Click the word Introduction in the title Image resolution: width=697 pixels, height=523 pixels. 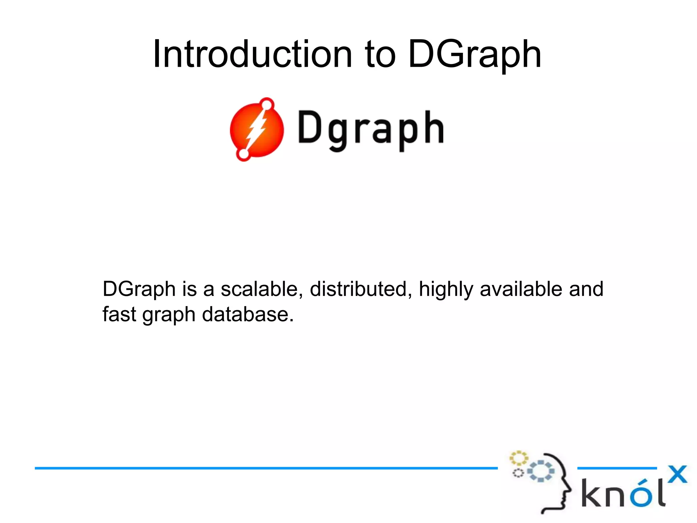click(252, 54)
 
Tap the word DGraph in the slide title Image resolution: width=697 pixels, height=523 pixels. click(474, 54)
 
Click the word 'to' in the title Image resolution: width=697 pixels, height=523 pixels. click(380, 54)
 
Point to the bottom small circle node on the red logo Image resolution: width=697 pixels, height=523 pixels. click(243, 154)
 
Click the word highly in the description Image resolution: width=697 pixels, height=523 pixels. click(446, 290)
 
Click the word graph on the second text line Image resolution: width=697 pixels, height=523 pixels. click(169, 315)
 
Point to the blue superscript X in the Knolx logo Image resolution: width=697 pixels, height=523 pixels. click(677, 474)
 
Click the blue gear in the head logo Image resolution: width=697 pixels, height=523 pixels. click(541, 471)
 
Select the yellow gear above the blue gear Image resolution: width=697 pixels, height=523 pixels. click(518, 458)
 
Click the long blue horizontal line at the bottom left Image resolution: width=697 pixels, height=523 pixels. click(265, 468)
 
